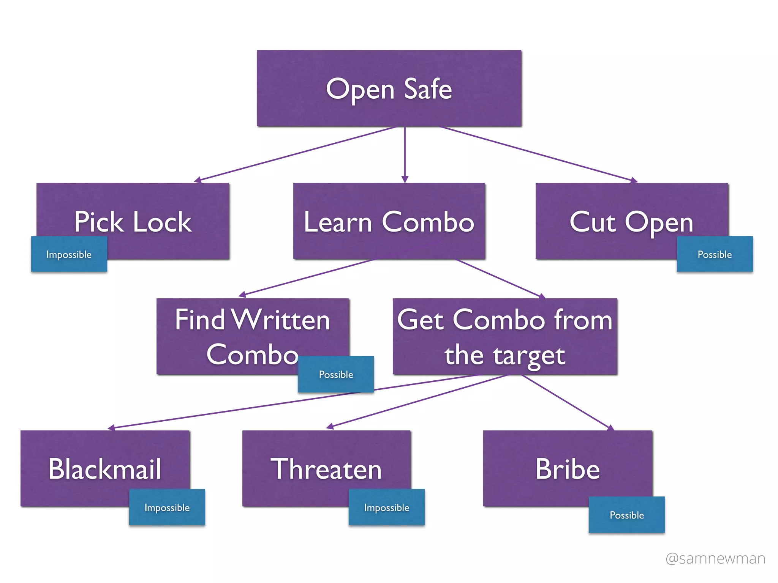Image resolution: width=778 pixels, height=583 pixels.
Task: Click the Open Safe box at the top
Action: tap(389, 88)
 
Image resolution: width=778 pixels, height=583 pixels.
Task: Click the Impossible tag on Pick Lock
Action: tap(69, 254)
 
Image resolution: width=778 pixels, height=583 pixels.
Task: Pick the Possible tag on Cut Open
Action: tap(715, 254)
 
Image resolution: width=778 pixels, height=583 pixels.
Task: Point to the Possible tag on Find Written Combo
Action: tap(336, 375)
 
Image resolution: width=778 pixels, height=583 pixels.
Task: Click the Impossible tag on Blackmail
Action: tap(167, 507)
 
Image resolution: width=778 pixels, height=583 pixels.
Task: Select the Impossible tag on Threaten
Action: tap(386, 507)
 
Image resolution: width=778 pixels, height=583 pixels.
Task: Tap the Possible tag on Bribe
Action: tap(627, 515)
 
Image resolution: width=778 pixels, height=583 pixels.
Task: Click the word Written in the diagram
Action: tap(281, 320)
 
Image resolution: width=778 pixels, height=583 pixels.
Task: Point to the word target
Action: tap(529, 356)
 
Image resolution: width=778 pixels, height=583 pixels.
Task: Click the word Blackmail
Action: tap(105, 469)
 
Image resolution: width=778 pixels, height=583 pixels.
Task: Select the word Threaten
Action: tap(326, 469)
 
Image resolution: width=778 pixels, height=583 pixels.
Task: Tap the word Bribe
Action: tap(568, 469)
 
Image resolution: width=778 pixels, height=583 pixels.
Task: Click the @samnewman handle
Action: tap(715, 558)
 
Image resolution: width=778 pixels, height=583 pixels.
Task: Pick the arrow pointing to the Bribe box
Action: tap(566, 402)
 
